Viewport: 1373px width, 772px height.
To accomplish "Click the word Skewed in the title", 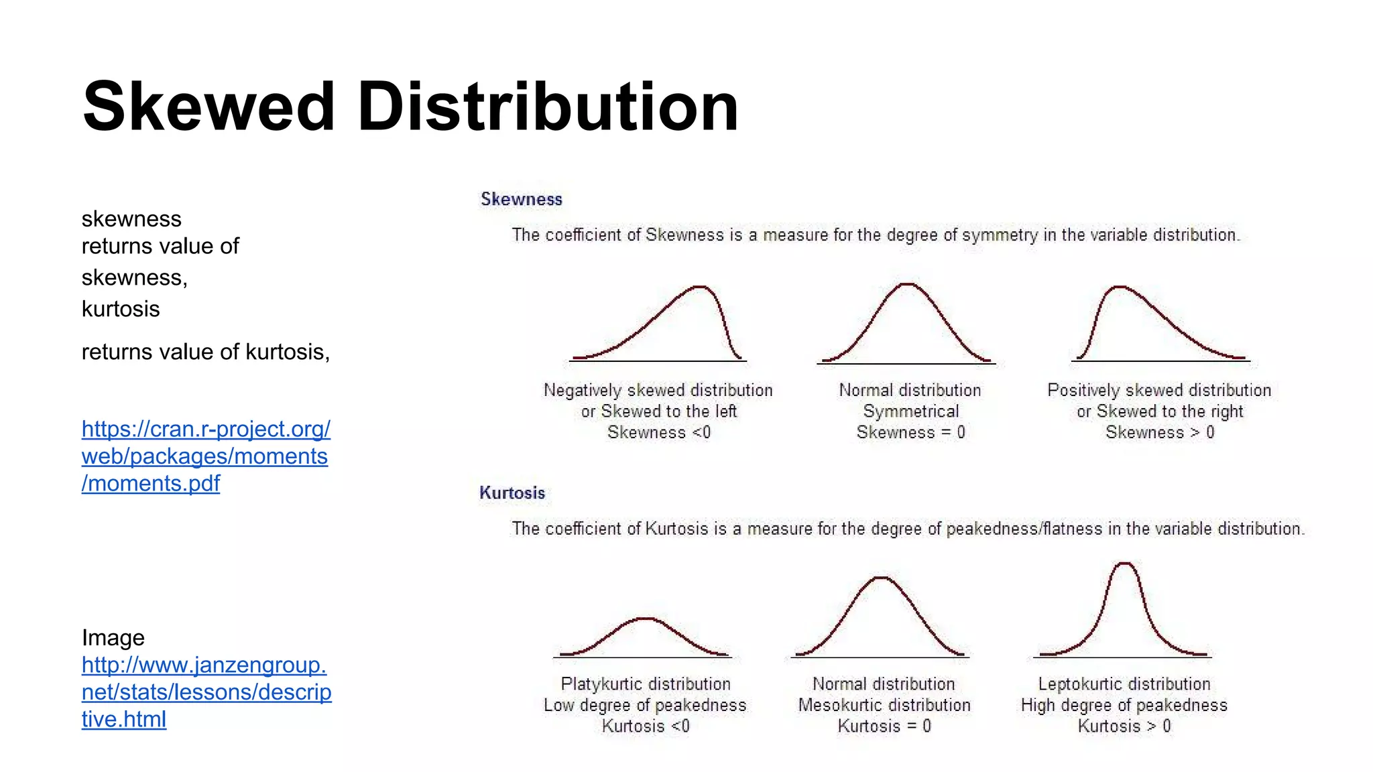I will (x=208, y=107).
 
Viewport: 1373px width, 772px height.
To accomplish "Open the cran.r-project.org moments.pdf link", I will (x=205, y=456).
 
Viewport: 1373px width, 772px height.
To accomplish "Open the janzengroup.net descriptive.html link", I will (x=206, y=692).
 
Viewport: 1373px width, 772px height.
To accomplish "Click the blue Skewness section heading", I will (x=521, y=199).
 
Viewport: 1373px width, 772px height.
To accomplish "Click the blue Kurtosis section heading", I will (x=512, y=493).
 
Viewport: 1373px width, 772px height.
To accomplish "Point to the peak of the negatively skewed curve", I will (x=700, y=287).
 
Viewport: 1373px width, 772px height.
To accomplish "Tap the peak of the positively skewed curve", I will (x=1120, y=287).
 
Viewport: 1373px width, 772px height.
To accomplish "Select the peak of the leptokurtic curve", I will (x=1124, y=564).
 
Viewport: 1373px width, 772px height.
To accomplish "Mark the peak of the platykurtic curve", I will (x=645, y=618).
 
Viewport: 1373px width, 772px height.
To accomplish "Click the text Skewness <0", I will (x=658, y=432).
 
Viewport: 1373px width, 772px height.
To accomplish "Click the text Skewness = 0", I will (x=910, y=432).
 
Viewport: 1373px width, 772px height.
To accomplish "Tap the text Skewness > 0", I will (x=1159, y=432).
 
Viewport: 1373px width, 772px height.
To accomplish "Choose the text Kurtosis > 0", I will (x=1124, y=726).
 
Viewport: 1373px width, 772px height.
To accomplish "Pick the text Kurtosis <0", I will (x=645, y=726).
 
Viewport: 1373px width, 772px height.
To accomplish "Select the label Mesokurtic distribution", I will (x=884, y=705).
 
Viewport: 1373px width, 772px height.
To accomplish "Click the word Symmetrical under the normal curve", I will (x=910, y=411).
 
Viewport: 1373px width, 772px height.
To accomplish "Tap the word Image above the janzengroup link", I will (x=113, y=637).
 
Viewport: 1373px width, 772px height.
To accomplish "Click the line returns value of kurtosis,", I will (x=205, y=352).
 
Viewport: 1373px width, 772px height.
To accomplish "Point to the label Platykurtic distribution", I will (x=645, y=684).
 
